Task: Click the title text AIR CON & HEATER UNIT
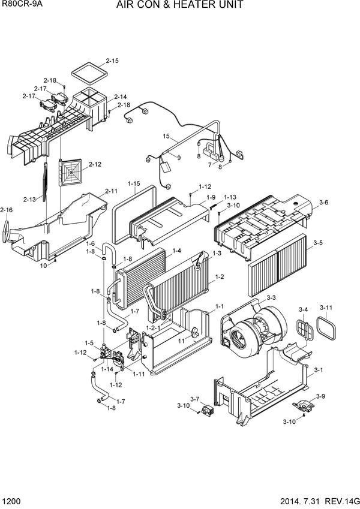click(x=180, y=5)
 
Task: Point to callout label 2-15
click(x=112, y=61)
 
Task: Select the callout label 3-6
click(x=323, y=203)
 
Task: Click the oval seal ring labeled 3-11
click(x=328, y=328)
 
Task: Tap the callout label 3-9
click(x=320, y=396)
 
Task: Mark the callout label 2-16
click(x=7, y=210)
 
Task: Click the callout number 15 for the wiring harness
click(x=166, y=136)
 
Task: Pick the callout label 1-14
click(x=107, y=369)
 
